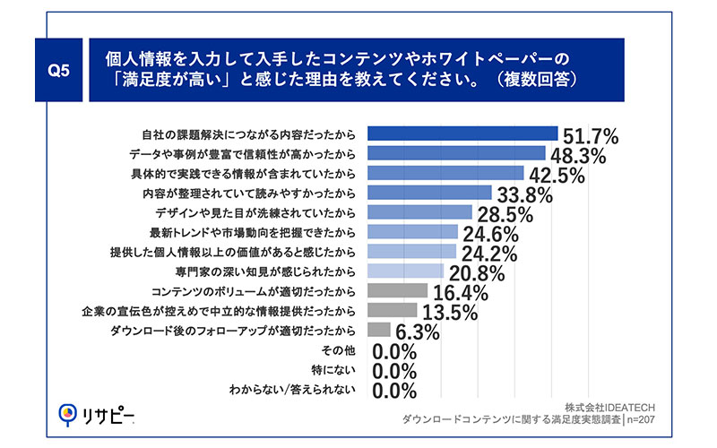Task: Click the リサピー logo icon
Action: [66, 414]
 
